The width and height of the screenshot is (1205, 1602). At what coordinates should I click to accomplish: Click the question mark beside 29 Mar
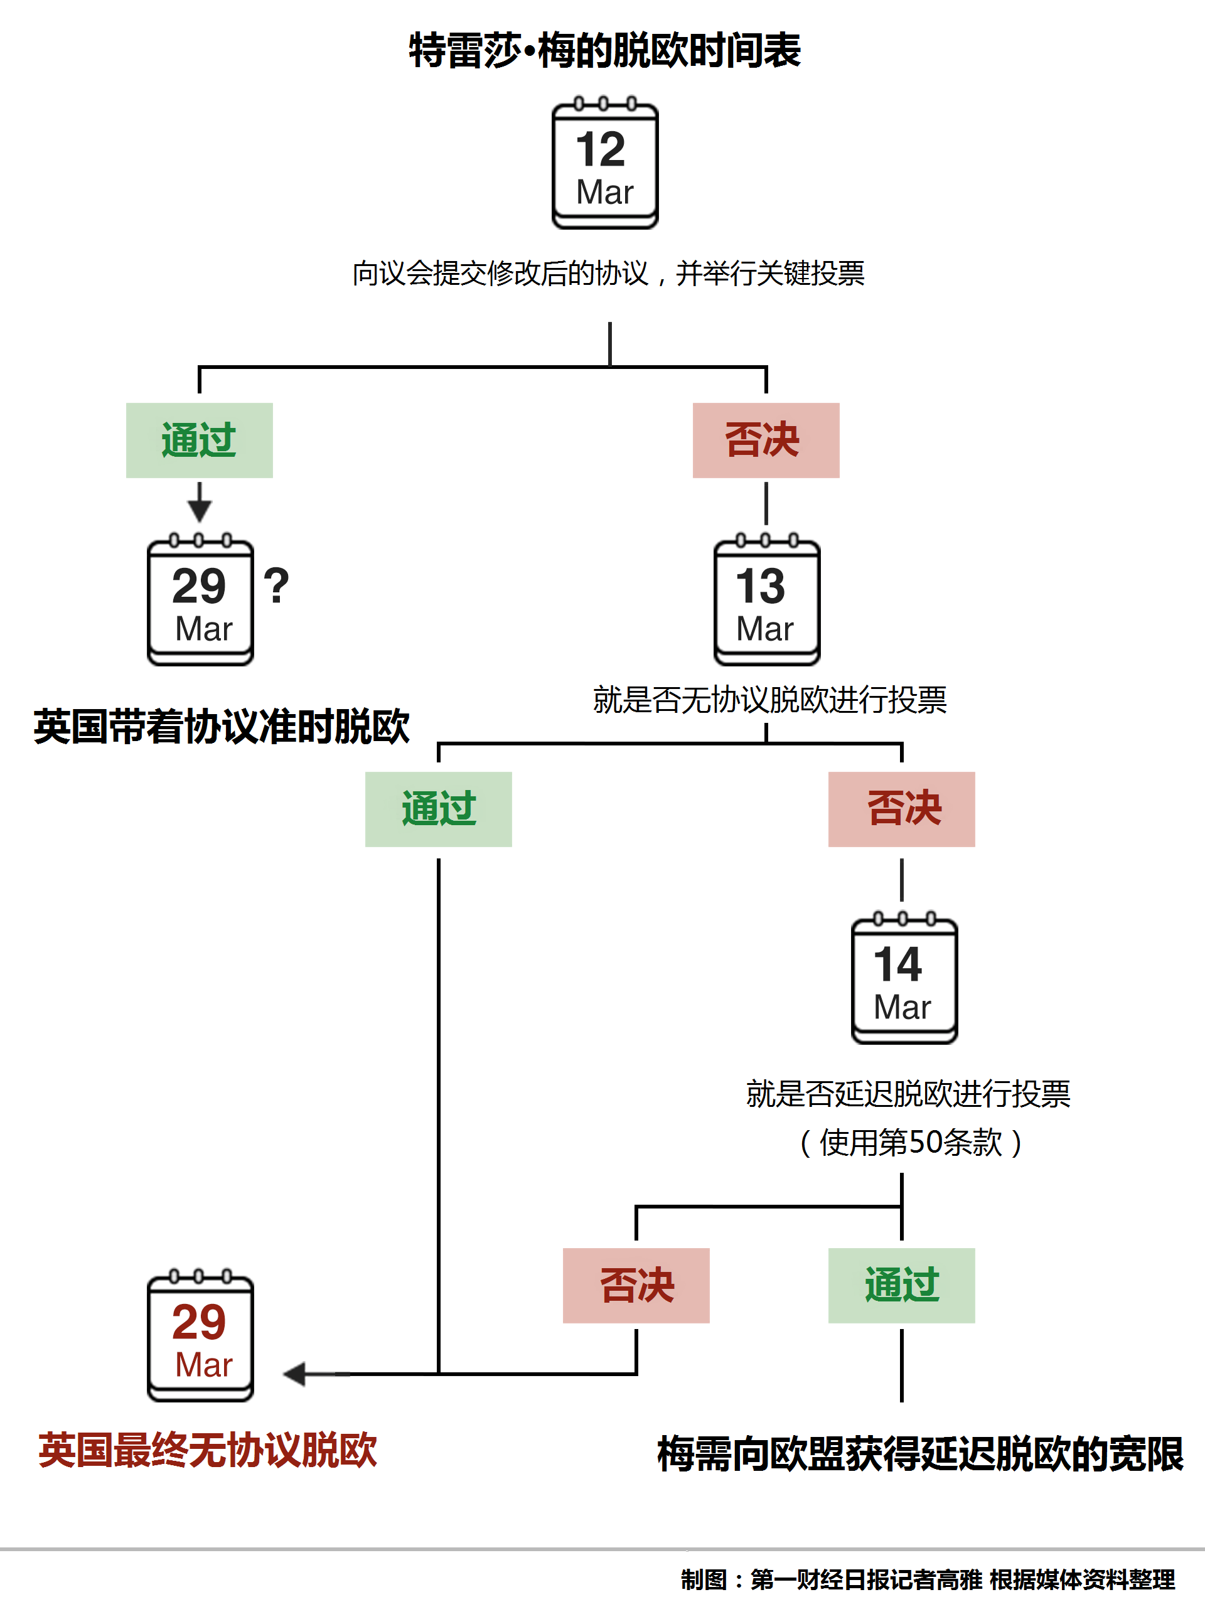(276, 587)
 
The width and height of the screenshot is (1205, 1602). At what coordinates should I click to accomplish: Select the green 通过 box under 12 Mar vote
(199, 441)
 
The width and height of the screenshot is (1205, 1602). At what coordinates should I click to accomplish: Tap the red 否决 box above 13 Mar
(766, 441)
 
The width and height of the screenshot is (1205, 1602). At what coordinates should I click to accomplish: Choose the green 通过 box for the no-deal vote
(438, 809)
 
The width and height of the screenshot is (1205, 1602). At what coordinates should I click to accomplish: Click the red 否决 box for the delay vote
(636, 1286)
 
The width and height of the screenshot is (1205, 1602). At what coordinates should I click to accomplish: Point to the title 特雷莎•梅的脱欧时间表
(604, 51)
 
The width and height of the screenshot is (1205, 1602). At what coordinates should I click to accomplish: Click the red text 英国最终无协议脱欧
(208, 1451)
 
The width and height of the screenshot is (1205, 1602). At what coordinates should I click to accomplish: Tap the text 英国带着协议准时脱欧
(222, 727)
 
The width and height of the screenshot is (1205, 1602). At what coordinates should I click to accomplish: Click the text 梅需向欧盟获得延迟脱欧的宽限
(919, 1455)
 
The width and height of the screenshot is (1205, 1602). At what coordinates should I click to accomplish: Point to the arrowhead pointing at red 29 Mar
(295, 1374)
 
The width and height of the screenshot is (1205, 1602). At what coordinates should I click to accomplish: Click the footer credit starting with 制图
(927, 1579)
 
